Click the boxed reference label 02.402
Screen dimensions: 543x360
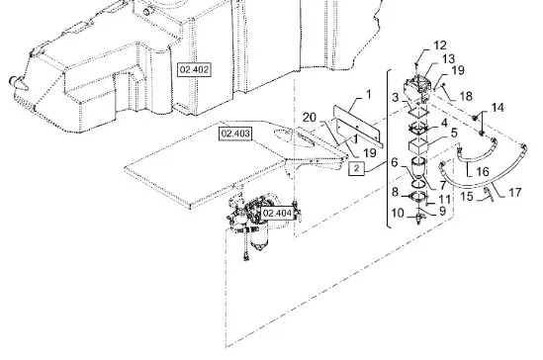click(194, 69)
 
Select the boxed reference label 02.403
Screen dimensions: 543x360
click(235, 134)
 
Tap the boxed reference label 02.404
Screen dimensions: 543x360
click(277, 213)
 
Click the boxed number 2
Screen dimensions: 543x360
click(356, 168)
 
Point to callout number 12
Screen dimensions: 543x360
click(440, 45)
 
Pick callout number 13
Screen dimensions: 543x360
click(448, 59)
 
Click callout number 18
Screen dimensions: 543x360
click(466, 96)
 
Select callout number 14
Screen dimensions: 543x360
click(498, 108)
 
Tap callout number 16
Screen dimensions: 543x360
click(483, 171)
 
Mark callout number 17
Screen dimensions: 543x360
click(515, 193)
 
